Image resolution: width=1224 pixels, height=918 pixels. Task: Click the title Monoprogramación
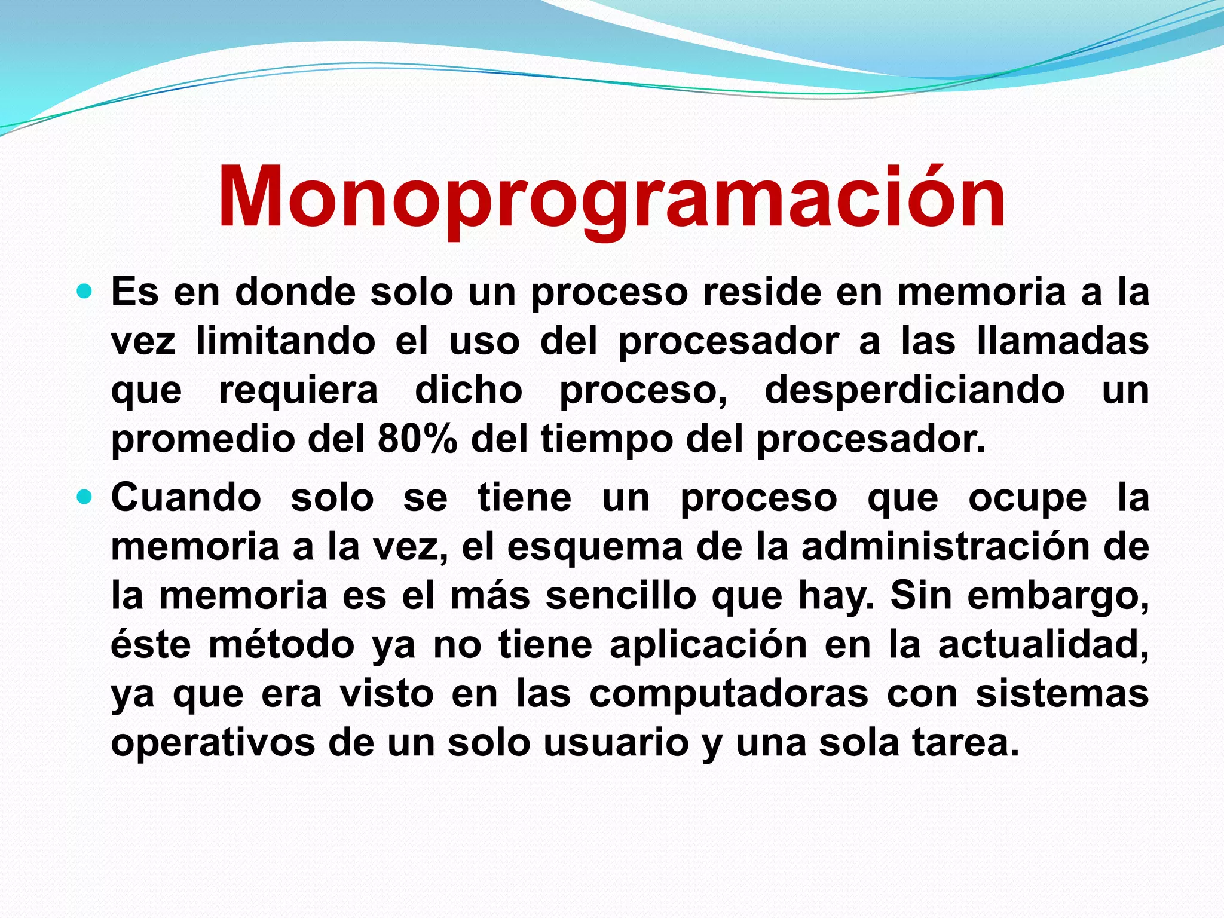(611, 197)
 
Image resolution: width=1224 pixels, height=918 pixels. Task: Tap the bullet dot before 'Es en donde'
(85, 292)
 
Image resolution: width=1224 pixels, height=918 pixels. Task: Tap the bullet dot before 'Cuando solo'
(85, 497)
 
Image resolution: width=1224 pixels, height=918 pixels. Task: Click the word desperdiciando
(914, 390)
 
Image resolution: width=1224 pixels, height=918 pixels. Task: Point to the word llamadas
(1062, 341)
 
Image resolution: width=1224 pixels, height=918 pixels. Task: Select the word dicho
(469, 390)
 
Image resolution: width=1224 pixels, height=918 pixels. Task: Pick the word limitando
(286, 341)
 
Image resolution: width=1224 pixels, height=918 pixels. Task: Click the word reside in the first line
(761, 292)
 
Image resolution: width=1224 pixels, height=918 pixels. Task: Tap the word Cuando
(186, 497)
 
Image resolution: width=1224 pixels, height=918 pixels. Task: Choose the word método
(281, 645)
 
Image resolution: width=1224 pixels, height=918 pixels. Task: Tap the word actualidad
(1043, 645)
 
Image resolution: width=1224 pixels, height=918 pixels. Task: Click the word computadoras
(728, 694)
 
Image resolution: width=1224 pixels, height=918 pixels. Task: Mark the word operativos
(213, 743)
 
